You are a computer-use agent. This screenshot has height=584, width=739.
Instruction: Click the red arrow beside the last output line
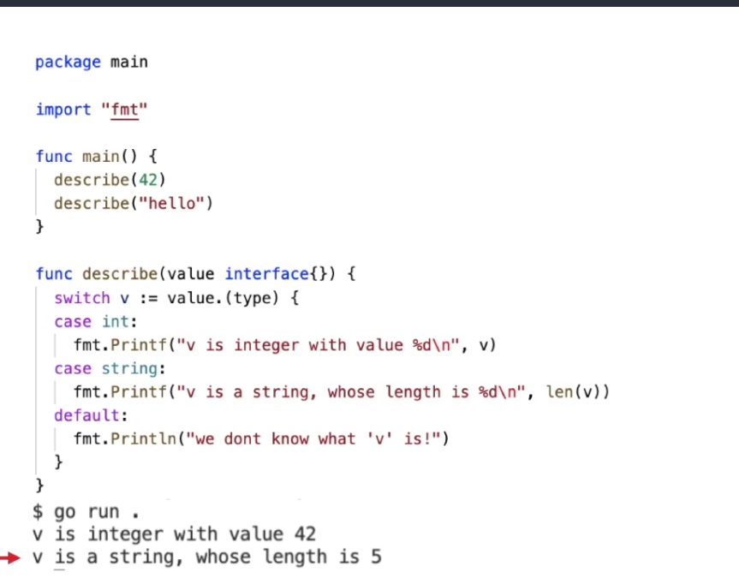pyautogui.click(x=9, y=558)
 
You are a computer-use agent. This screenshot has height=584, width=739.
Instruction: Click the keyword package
pyautogui.click(x=68, y=63)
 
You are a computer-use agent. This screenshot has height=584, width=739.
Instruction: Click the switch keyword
pyautogui.click(x=81, y=298)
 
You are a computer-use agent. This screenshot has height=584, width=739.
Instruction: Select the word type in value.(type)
pyautogui.click(x=272, y=298)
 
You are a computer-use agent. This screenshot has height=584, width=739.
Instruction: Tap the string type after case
pyautogui.click(x=128, y=368)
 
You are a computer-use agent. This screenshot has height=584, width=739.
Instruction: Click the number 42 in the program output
pyautogui.click(x=305, y=534)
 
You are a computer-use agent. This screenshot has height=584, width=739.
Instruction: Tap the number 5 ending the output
pyautogui.click(x=376, y=557)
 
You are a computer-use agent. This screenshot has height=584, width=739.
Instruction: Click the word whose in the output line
pyautogui.click(x=222, y=557)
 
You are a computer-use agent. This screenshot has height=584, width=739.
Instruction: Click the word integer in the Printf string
pyautogui.click(x=267, y=345)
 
